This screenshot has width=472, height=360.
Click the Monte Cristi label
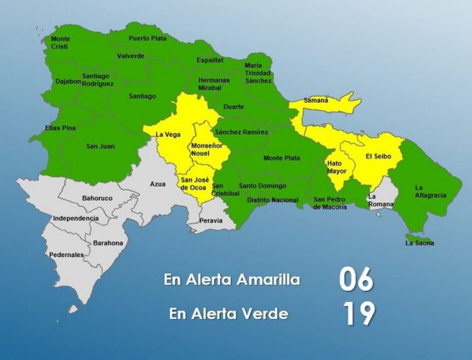click(60, 43)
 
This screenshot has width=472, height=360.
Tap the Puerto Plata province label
click(147, 39)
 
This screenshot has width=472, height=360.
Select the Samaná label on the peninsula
click(315, 100)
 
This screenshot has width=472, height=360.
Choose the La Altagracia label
click(431, 191)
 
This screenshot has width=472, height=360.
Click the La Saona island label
click(419, 243)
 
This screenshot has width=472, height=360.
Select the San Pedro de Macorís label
click(330, 203)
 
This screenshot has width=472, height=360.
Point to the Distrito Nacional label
click(273, 200)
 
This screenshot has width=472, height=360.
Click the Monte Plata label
click(281, 158)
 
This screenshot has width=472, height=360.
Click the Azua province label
click(158, 184)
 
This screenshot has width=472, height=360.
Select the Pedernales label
click(66, 255)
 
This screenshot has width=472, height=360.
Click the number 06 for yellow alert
click(357, 279)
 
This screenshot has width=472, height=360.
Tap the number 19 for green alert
click(357, 314)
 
